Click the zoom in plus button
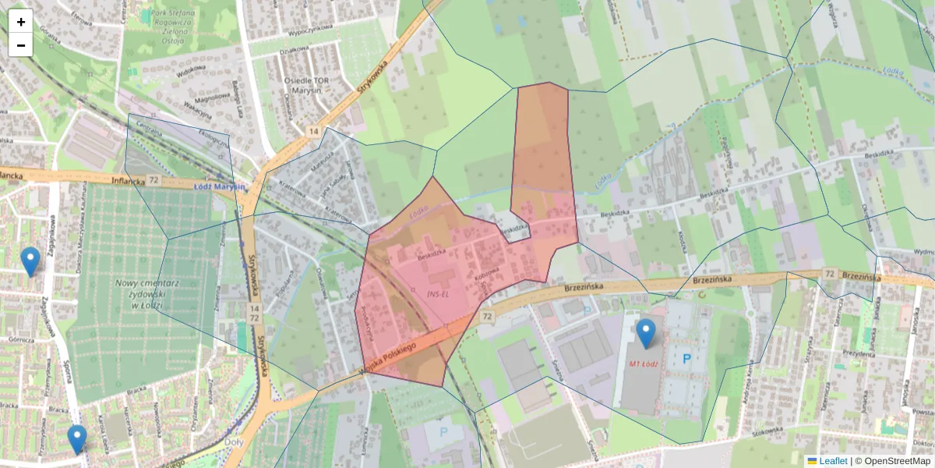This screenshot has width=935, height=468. (x=21, y=22)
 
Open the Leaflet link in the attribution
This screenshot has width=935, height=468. (x=832, y=461)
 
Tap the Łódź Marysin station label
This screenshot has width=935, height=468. (x=220, y=186)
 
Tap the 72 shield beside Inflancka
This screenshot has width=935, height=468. (x=155, y=180)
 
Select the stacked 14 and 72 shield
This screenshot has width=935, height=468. (x=254, y=314)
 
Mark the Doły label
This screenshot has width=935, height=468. (x=233, y=441)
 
